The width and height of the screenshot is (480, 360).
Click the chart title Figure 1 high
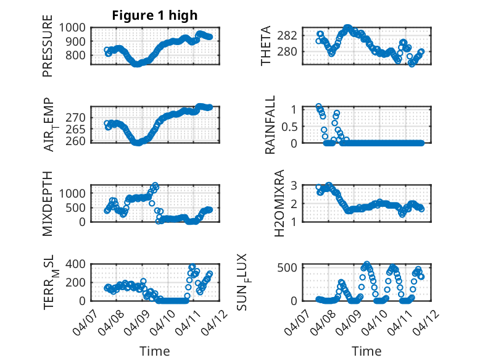pyautogui.click(x=154, y=15)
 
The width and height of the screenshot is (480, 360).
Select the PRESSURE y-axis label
pyautogui.click(x=48, y=50)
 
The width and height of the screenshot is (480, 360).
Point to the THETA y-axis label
pyautogui.click(x=266, y=46)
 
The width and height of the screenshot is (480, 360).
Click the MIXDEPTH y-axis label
pyautogui.click(x=48, y=204)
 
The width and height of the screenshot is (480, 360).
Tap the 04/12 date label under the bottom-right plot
pyautogui.click(x=426, y=320)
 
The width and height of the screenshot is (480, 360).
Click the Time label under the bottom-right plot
pyautogui.click(x=366, y=351)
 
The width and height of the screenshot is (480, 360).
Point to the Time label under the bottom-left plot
pyautogui.click(x=154, y=351)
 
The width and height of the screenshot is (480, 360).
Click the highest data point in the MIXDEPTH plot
pyautogui.click(x=155, y=185)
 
